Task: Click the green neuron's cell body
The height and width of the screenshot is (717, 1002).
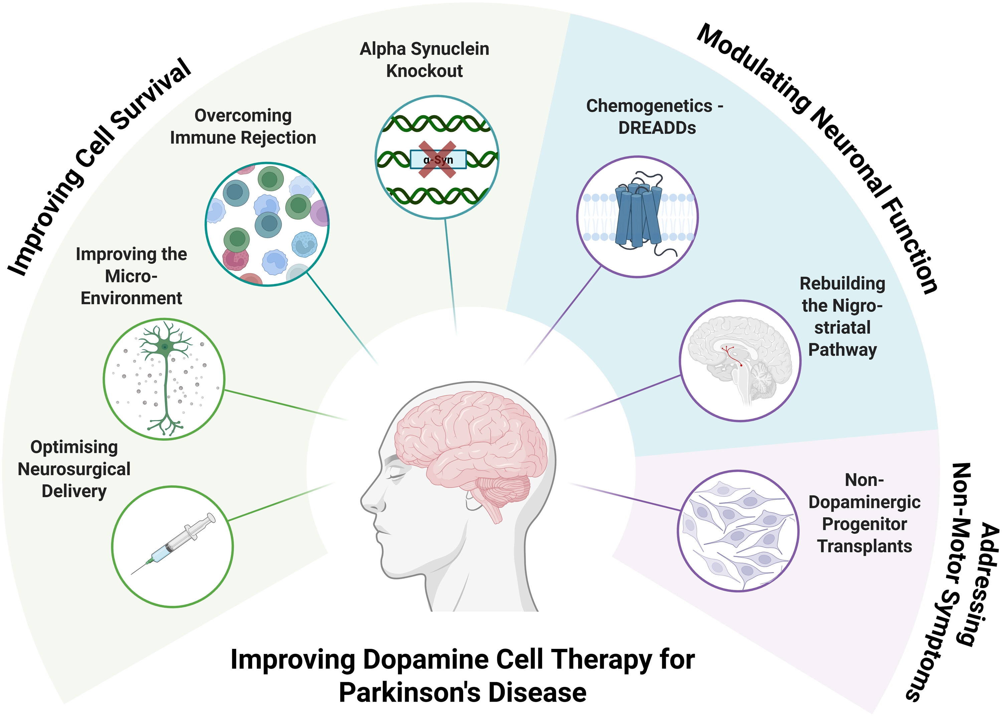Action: [164, 347]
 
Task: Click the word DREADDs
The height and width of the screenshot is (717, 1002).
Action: [657, 128]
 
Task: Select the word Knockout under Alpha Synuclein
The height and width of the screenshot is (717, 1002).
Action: [425, 71]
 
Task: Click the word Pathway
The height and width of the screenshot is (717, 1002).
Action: [842, 350]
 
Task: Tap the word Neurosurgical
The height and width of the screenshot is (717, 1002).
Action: [74, 469]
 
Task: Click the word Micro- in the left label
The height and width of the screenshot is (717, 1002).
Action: [131, 277]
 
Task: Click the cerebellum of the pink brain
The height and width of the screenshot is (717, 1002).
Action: [503, 490]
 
